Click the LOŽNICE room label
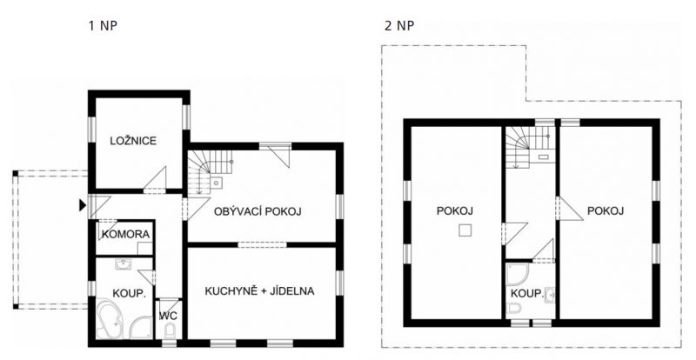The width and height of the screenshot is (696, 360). coord(133,141)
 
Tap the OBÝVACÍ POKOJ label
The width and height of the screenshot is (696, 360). coord(258,211)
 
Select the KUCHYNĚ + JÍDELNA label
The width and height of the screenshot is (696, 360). coord(259,291)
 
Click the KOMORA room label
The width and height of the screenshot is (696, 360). coord(125,234)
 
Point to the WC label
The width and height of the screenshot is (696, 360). coord(168,316)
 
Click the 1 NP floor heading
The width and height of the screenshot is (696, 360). coord(103,26)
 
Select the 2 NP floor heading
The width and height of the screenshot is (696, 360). coord(399,26)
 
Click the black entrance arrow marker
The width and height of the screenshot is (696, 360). coord(82,205)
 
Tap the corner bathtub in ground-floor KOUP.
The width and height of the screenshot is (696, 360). coord(110,318)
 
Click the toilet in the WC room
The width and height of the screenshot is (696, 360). coord(170,330)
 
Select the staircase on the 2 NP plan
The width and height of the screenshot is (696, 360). coord(528,146)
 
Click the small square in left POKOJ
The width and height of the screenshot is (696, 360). coord(465,230)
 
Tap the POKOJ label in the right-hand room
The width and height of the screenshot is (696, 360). coord(606,210)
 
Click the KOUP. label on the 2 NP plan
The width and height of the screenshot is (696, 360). coord(527,294)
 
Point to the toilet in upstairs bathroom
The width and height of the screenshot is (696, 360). coord(515,309)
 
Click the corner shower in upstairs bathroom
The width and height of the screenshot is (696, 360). coord(518,275)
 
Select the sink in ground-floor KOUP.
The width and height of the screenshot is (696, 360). coord(123,264)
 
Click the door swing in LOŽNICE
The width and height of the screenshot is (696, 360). coord(156,179)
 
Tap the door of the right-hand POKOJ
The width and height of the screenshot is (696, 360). coord(570,208)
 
